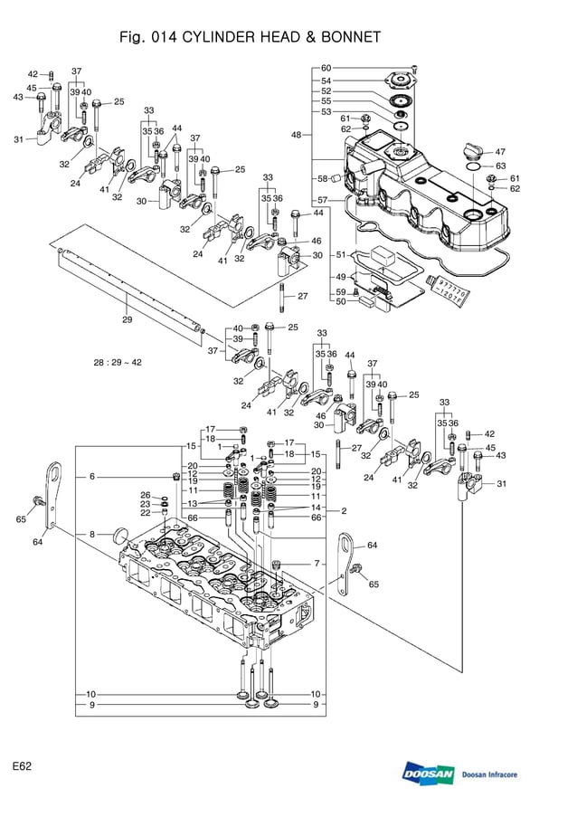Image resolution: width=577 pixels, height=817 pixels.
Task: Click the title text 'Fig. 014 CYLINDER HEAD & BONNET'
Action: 250,37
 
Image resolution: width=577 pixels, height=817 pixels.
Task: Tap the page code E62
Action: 23,766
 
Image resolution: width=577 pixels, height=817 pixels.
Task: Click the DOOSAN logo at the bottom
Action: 428,774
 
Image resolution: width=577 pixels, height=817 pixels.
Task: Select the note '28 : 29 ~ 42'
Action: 118,362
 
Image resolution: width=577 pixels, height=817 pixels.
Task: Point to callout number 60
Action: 326,69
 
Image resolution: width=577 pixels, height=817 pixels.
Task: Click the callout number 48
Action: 296,135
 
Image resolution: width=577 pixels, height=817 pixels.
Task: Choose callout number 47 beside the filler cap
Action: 500,152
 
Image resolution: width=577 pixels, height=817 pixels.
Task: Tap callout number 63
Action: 500,166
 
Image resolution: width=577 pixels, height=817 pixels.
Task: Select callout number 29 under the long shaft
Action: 128,319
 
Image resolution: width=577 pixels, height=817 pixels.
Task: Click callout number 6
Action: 91,476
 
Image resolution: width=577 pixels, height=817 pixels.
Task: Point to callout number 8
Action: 91,535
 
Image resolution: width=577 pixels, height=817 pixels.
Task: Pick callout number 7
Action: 317,564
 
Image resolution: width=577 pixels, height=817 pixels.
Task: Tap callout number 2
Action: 344,511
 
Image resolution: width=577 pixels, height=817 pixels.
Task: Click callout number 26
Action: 145,495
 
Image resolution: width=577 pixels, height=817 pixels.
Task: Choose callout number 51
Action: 341,255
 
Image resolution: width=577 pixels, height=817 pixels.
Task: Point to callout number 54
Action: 326,81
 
